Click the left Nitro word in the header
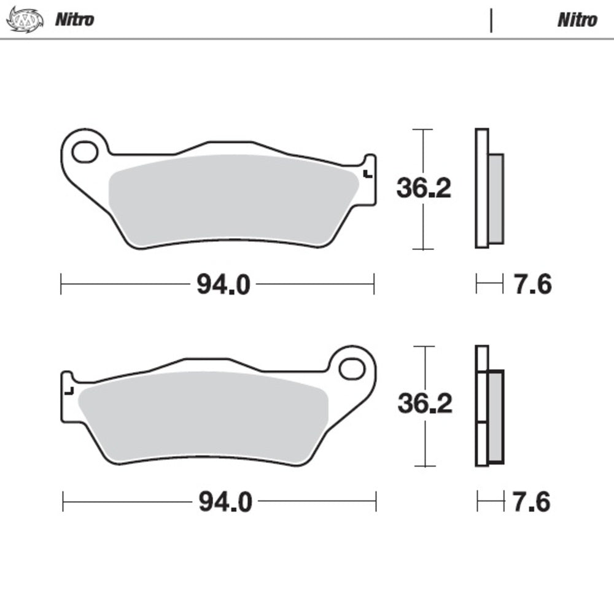pyautogui.click(x=75, y=20)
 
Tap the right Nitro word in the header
pyautogui.click(x=577, y=20)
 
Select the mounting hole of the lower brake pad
pyautogui.click(x=352, y=368)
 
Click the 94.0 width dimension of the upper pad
pyautogui.click(x=223, y=284)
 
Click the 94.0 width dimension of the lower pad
pyautogui.click(x=225, y=503)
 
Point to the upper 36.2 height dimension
pyautogui.click(x=424, y=188)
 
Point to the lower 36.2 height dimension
pyautogui.click(x=425, y=403)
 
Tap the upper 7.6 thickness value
pyautogui.click(x=532, y=284)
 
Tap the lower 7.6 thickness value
pyautogui.click(x=532, y=502)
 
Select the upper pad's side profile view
pyautogui.click(x=489, y=188)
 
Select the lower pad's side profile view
pyautogui.click(x=489, y=405)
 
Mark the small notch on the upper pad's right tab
pyautogui.click(x=367, y=174)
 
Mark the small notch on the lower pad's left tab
pyautogui.click(x=70, y=391)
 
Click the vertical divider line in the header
pyautogui.click(x=491, y=20)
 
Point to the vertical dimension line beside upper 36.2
pyautogui.click(x=422, y=153)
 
